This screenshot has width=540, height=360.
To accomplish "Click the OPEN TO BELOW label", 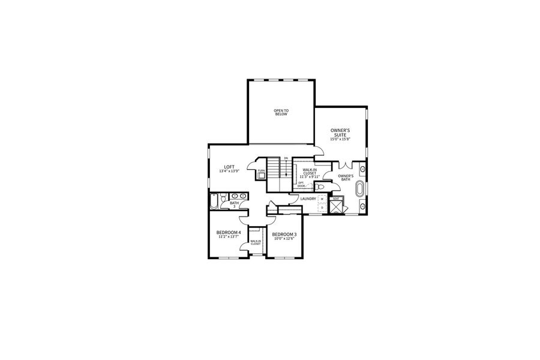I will coord(281,112).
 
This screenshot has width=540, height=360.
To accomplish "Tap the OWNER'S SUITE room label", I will coord(340,133).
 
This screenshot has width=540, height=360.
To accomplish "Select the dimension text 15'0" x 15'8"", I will coord(340,140).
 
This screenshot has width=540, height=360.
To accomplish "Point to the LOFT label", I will coord(229,167).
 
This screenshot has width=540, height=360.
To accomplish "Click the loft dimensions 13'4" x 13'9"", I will coord(229,172).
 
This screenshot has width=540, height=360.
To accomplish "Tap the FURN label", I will coord(261,171).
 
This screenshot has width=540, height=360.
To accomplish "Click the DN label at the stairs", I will coord(286,158).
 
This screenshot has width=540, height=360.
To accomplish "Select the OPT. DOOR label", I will coord(301,185).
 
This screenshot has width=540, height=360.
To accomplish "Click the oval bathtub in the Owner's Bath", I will coord(360,189).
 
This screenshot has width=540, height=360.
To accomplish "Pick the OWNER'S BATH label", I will coord(345,177).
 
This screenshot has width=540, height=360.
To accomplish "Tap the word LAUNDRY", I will coord(308,199).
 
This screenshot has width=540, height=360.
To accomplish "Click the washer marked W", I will coord(322,199).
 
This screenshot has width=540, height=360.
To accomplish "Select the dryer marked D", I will coord(322,208).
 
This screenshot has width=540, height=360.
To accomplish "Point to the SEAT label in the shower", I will coord(336,199).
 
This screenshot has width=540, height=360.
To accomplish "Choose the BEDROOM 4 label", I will coord(229,232).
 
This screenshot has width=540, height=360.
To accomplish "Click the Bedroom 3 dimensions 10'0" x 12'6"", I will coord(284,239).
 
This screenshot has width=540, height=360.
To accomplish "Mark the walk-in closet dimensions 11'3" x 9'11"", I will coord(310,176).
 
